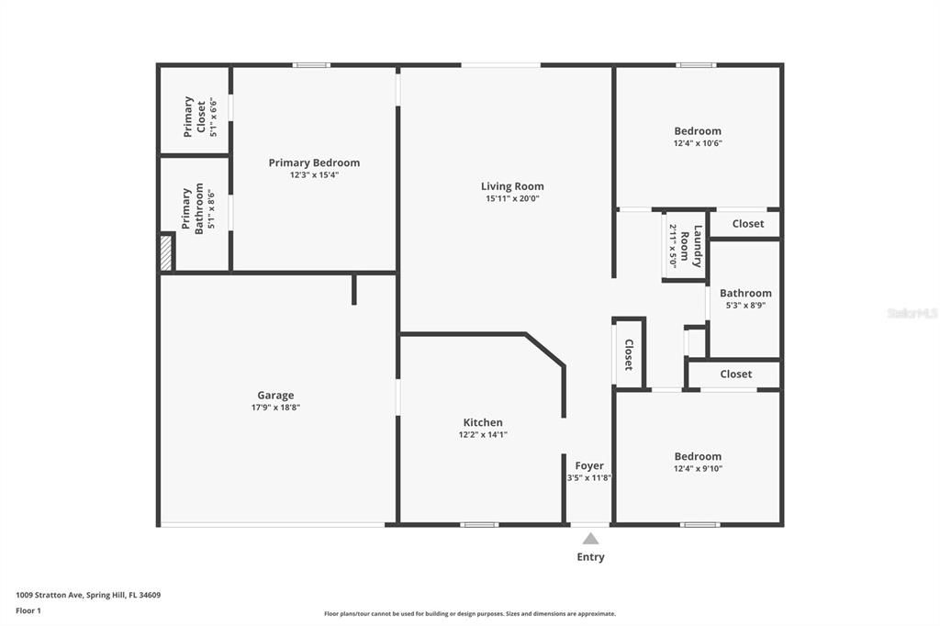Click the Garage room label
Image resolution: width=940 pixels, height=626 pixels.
click(275, 396)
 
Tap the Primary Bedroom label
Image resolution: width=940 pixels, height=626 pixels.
click(314, 162)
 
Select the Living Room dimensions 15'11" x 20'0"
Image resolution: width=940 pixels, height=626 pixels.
click(512, 198)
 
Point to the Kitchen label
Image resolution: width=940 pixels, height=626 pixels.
click(483, 422)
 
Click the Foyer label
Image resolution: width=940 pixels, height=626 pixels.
click(589, 465)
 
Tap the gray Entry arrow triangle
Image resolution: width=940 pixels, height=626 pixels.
click(590, 539)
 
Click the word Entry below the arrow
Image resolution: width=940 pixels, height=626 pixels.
click(590, 556)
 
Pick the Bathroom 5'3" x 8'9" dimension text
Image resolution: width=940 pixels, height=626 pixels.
click(745, 306)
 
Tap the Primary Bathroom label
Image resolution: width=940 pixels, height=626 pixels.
click(193, 210)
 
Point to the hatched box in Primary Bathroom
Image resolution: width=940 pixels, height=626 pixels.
click(166, 252)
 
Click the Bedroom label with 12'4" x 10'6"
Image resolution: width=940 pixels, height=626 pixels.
click(698, 131)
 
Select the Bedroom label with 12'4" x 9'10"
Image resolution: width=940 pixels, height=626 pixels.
click(698, 456)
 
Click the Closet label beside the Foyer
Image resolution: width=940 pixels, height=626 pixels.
click(629, 354)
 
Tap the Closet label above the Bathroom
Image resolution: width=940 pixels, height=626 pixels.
click(747, 224)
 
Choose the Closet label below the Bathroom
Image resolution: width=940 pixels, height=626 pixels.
click(735, 374)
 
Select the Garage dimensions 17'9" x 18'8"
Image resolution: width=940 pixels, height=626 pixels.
click(275, 408)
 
